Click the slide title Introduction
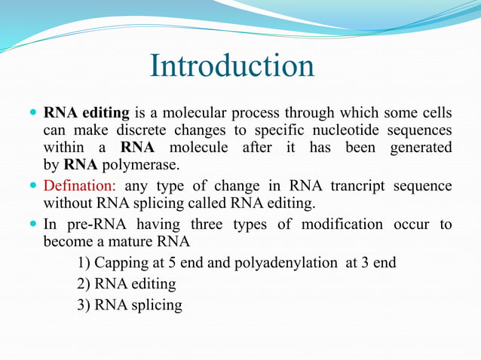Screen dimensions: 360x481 point(232,66)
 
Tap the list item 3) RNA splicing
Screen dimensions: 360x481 point(129,305)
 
